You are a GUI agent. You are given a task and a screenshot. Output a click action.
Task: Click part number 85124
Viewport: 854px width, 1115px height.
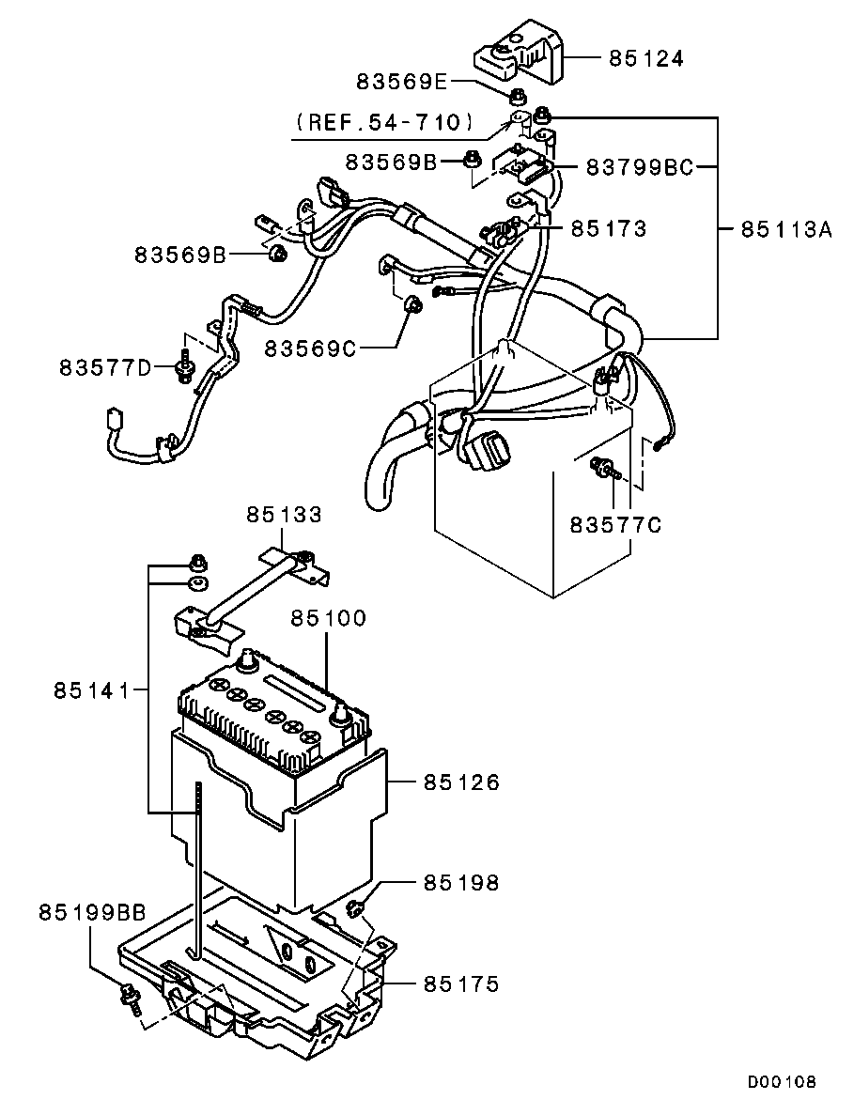tap(645, 58)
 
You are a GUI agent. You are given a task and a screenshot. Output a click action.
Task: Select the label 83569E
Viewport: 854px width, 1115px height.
tap(402, 82)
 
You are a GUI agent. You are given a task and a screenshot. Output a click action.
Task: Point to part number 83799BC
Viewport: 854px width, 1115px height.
tap(639, 167)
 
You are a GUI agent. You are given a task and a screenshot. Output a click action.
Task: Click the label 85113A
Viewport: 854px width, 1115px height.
tap(785, 229)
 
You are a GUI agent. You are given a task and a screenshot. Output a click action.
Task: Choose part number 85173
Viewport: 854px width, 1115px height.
tap(610, 228)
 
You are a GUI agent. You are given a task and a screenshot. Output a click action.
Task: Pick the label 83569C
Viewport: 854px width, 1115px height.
tap(310, 348)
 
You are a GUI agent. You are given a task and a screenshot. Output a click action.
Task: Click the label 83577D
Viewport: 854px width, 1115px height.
tap(105, 367)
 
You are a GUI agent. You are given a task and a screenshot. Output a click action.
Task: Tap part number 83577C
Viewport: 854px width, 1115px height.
tap(615, 525)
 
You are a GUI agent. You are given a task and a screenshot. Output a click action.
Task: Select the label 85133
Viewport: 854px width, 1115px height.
tap(285, 514)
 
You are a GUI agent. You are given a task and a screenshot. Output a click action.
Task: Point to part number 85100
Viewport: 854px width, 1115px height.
tap(328, 618)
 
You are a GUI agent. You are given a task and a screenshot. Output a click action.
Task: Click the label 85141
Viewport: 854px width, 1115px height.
tap(92, 689)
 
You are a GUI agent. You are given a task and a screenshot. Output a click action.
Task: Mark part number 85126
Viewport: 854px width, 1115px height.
tap(462, 782)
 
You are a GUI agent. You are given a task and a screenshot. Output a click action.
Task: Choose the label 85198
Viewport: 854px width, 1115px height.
tap(462, 882)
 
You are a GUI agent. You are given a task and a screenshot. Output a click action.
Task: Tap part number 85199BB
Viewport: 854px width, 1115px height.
tap(92, 912)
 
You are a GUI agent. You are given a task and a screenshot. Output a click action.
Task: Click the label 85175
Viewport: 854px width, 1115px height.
tap(462, 984)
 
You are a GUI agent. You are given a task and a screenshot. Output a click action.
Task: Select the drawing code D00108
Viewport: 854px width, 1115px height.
tap(782, 1082)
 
